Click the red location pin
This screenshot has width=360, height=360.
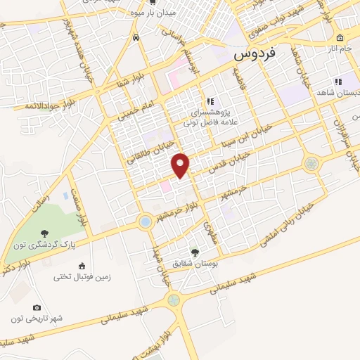coord(181,165)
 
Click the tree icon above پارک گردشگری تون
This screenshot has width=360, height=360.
coord(45,233)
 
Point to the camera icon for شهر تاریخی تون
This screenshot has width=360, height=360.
coord(37,307)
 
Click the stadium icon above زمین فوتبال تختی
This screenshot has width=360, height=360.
coord(82,265)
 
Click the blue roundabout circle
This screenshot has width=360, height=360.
coord(145,222)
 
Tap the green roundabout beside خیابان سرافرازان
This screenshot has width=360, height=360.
coord(311,164)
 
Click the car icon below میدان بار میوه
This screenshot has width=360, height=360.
coord(135,39)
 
